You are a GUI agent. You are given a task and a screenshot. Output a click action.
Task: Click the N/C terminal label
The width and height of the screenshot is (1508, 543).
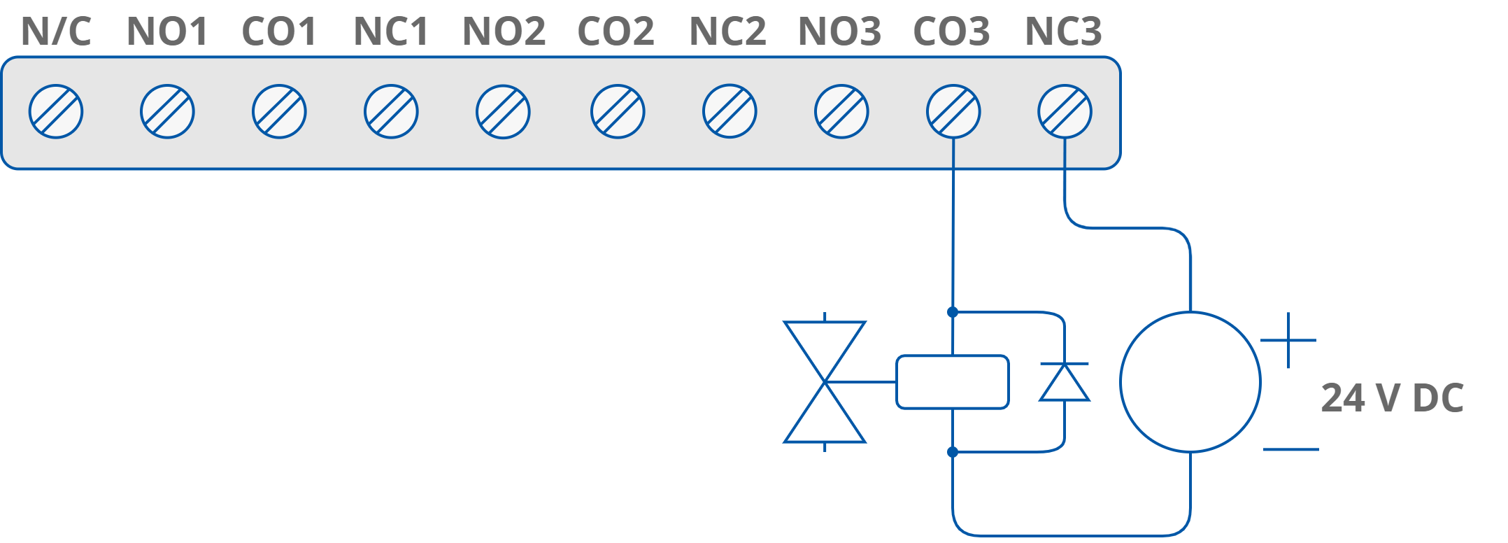pyautogui.click(x=56, y=32)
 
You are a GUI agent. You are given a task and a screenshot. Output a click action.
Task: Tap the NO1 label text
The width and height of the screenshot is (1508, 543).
pyautogui.click(x=167, y=32)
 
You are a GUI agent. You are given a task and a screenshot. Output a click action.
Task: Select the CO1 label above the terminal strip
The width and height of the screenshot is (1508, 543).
pyautogui.click(x=278, y=32)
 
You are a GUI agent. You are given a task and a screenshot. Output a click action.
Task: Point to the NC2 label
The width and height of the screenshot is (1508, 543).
pyautogui.click(x=727, y=32)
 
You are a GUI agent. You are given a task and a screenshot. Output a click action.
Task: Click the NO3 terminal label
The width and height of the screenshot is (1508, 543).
pyautogui.click(x=839, y=32)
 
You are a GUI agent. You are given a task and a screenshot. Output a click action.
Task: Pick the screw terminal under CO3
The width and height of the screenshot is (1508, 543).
pyautogui.click(x=953, y=112)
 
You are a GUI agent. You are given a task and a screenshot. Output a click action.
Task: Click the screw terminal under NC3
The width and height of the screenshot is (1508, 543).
pyautogui.click(x=1065, y=112)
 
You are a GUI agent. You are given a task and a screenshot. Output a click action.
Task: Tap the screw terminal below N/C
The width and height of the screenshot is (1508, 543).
pyautogui.click(x=56, y=112)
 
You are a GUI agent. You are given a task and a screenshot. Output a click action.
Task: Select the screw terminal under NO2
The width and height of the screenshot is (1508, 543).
pyautogui.click(x=503, y=112)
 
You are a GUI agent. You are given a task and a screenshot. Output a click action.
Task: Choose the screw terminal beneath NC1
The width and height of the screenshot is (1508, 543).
pyautogui.click(x=391, y=112)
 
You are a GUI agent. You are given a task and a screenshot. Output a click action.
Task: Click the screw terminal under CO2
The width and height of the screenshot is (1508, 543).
pyautogui.click(x=617, y=112)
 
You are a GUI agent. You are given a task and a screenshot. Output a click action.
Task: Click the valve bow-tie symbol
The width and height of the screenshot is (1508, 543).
pyautogui.click(x=825, y=382)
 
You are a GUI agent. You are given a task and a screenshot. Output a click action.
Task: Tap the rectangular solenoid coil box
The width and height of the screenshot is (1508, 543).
pyautogui.click(x=952, y=382)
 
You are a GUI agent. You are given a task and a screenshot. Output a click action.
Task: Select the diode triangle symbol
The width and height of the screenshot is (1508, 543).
pyautogui.click(x=1065, y=383)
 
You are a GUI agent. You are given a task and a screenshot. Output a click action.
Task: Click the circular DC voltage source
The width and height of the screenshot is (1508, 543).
pyautogui.click(x=1190, y=382)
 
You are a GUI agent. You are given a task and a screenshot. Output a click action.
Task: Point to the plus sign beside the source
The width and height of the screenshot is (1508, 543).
pyautogui.click(x=1288, y=341)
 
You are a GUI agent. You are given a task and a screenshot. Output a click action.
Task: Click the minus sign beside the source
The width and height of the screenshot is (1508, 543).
pyautogui.click(x=1290, y=449)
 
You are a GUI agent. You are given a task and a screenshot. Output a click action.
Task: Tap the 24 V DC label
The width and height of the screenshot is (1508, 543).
pyautogui.click(x=1392, y=398)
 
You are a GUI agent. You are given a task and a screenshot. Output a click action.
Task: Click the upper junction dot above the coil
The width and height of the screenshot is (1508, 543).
pyautogui.click(x=953, y=311)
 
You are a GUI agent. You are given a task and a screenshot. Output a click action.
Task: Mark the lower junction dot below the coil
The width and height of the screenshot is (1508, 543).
pyautogui.click(x=953, y=452)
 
